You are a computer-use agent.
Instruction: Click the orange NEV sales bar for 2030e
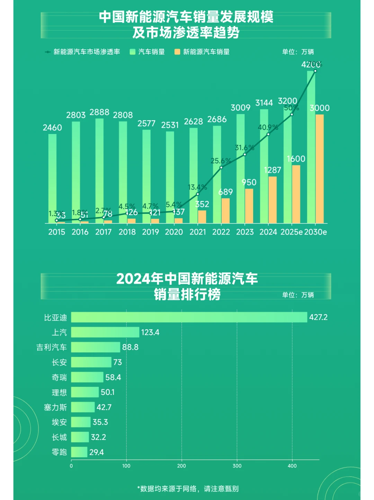pyautogui.click(x=320, y=169)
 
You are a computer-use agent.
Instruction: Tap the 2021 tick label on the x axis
pyautogui.click(x=198, y=232)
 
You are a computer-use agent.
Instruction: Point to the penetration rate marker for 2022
pyautogui.click(x=221, y=168)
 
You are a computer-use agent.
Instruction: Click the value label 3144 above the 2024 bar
pyautogui.click(x=264, y=103)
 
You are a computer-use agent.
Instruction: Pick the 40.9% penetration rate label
pyautogui.click(x=268, y=128)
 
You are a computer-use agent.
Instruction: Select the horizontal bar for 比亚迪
pyautogui.click(x=189, y=317)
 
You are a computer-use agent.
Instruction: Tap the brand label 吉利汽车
pyautogui.click(x=52, y=347)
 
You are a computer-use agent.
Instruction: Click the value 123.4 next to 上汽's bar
pyautogui.click(x=150, y=333)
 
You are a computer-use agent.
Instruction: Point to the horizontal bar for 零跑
pyautogui.click(x=79, y=452)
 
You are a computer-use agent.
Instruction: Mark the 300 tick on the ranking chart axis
pyautogui.click(x=237, y=466)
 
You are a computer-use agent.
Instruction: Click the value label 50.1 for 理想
pyautogui.click(x=108, y=392)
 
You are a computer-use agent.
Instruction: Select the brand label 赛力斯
pyautogui.click(x=55, y=407)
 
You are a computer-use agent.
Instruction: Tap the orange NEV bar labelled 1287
pyautogui.click(x=273, y=200)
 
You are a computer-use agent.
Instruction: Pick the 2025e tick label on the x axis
pyautogui.click(x=291, y=232)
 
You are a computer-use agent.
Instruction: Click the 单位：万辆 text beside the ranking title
pyautogui.click(x=298, y=295)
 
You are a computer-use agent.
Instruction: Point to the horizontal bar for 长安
pyautogui.click(x=91, y=362)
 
